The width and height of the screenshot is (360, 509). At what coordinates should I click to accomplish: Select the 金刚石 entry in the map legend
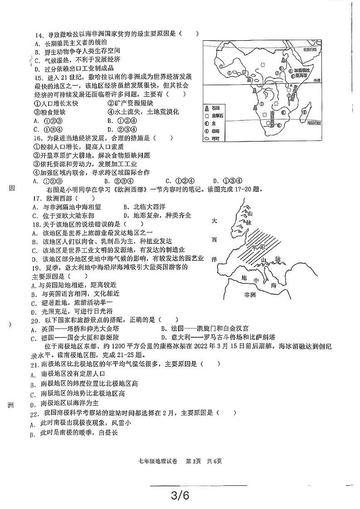tap(217, 116)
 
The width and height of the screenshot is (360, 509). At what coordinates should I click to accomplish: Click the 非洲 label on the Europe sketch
tap(250, 295)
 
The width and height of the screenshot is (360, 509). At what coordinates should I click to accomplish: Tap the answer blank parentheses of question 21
tap(211, 364)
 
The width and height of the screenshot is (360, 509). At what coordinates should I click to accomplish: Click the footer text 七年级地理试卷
tap(159, 462)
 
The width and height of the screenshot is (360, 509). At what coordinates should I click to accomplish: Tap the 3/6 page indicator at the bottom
tap(180, 496)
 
